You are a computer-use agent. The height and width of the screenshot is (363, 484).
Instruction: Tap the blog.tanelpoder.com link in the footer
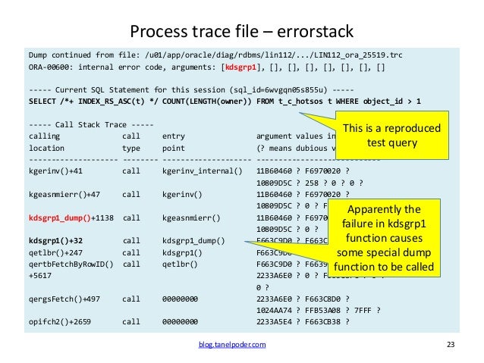(231, 345)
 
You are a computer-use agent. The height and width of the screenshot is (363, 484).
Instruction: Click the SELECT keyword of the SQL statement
(42, 101)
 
